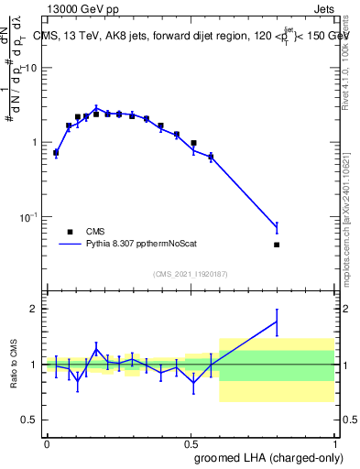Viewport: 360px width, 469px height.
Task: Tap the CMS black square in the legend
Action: tap(69, 232)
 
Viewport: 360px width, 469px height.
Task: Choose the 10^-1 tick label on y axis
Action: tap(30, 217)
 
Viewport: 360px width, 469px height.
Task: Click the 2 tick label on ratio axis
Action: tap(36, 309)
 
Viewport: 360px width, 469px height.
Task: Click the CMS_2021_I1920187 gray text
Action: tap(190, 274)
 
